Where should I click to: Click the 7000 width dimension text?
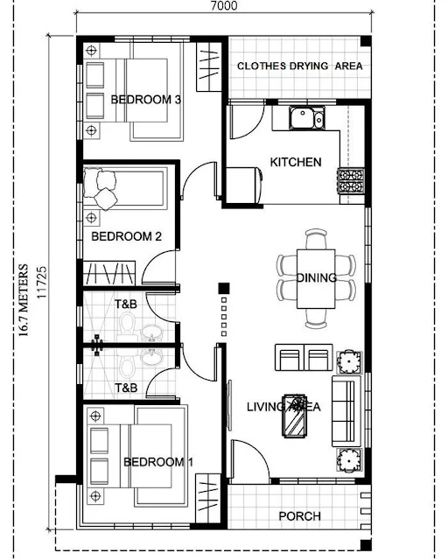(224, 6)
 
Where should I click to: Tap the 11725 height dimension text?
(42, 282)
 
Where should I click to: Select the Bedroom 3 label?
(146, 99)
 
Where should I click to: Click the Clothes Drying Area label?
(300, 66)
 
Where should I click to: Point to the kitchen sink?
(307, 118)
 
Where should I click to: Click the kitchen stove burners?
(351, 181)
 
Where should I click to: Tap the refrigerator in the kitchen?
(244, 185)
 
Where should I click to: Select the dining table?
(316, 278)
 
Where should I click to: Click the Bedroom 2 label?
(127, 236)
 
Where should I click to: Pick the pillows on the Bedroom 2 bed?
(101, 189)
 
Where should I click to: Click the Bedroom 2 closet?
(109, 273)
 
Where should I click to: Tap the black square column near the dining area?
(224, 288)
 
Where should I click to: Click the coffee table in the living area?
(294, 416)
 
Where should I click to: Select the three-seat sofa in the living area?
(346, 410)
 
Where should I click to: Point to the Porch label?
(300, 516)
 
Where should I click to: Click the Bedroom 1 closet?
(208, 499)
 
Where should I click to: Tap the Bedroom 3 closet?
(208, 66)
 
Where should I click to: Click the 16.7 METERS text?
(23, 300)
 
